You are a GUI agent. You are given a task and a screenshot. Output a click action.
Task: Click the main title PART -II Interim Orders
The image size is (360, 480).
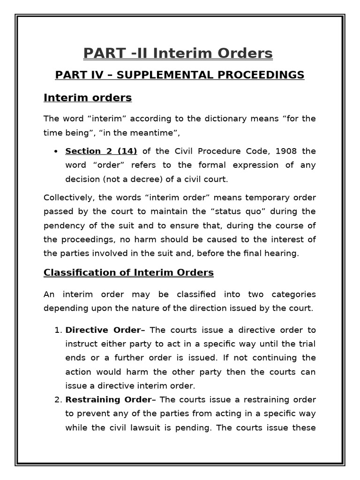[178, 54]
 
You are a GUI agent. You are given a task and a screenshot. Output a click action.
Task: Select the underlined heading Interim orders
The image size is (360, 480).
[88, 98]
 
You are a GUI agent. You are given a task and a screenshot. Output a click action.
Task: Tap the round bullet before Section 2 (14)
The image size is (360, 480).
[56, 151]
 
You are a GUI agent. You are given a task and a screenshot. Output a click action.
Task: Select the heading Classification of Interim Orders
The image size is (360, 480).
[128, 272]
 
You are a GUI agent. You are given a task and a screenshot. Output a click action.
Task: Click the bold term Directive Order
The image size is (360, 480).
[103, 330]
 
